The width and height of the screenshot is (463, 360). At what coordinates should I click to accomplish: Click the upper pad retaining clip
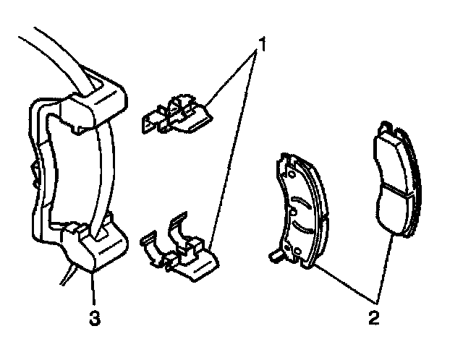(x=177, y=114)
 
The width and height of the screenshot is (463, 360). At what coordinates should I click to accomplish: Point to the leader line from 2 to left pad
(x=340, y=282)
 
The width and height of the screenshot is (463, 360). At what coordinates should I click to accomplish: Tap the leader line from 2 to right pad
(x=385, y=267)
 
